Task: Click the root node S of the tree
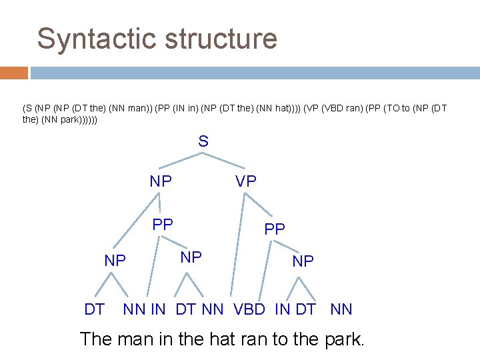pos(203,141)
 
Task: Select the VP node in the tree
pos(245,181)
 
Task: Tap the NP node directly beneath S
pos(161,181)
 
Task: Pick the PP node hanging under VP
pos(274,229)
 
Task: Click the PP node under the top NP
pos(162,225)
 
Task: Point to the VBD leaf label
pos(251,309)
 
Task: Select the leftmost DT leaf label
pos(94,309)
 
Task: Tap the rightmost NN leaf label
pos(341,309)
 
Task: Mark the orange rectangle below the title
pos(14,73)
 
